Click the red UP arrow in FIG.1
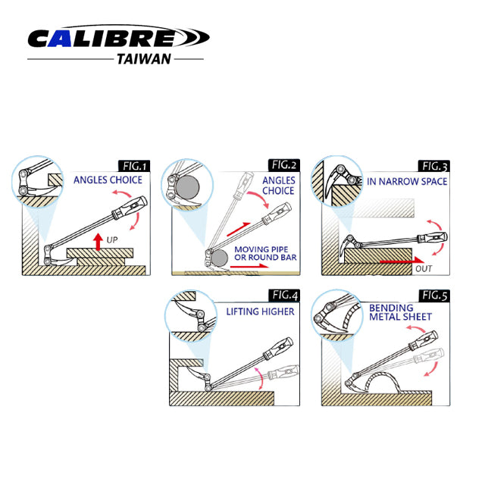pyautogui.click(x=98, y=241)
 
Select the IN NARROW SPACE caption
pyautogui.click(x=407, y=182)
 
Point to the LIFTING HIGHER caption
pyautogui.click(x=259, y=311)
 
